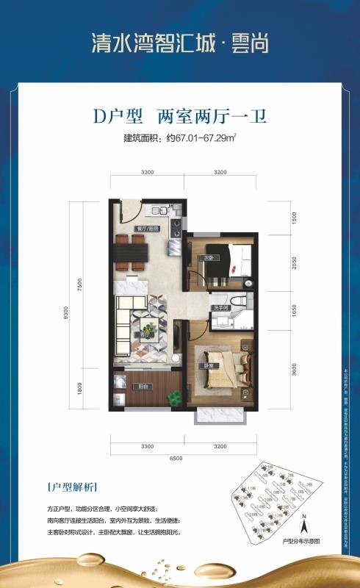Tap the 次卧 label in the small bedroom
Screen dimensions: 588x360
click(x=209, y=257)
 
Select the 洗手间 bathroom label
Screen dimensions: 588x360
click(x=218, y=306)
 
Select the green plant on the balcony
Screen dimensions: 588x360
click(x=175, y=398)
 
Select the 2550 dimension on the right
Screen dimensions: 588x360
click(x=292, y=263)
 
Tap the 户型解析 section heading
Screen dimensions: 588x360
click(x=70, y=487)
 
